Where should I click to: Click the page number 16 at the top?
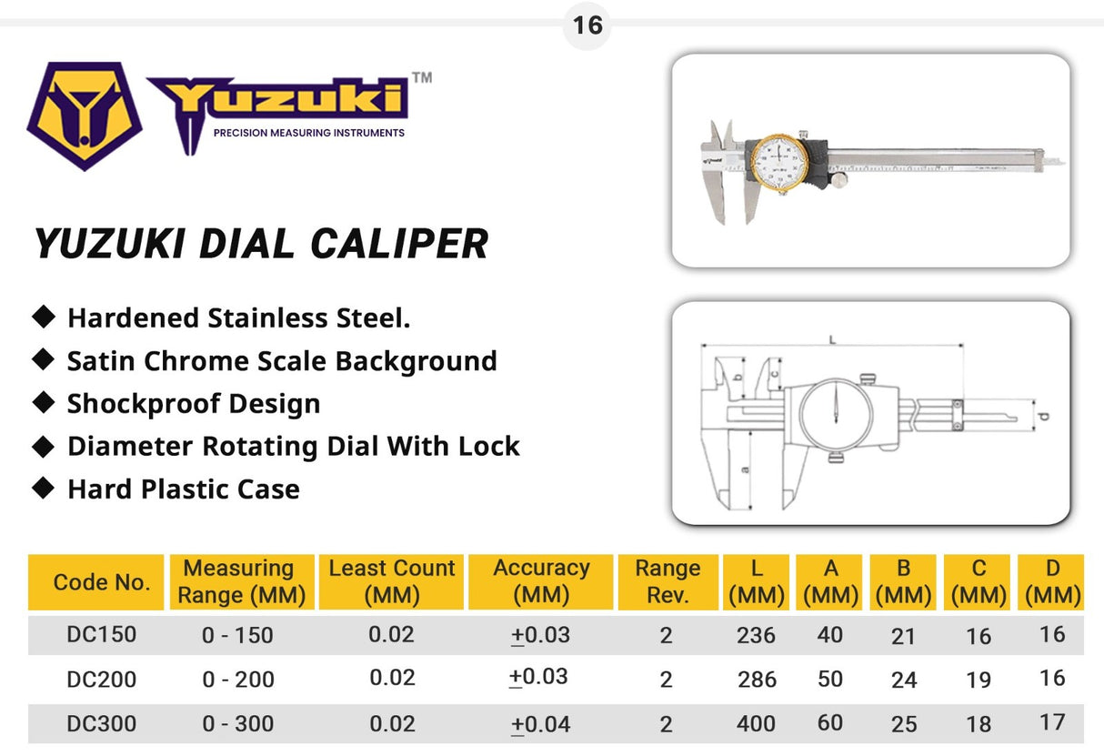coord(587,25)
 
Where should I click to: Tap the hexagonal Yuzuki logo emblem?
coord(85,115)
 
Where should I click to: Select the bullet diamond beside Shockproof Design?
coord(43,402)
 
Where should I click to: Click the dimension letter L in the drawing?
coord(832,339)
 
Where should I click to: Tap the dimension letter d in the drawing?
coord(1044,416)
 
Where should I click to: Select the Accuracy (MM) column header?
coord(541,581)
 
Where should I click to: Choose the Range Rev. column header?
coord(667,581)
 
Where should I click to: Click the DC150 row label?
coord(102,634)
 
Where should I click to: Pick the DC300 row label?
coord(102,724)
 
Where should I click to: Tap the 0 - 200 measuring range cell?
coord(237,680)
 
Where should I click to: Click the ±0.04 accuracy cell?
coord(541,724)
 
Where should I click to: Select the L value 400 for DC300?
coord(756,724)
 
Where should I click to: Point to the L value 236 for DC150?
coord(756,634)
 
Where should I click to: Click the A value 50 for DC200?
coord(830,679)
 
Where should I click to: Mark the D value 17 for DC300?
coord(1052,722)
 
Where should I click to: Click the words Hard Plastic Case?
coord(183,489)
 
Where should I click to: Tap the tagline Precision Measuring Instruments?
coord(308,133)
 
